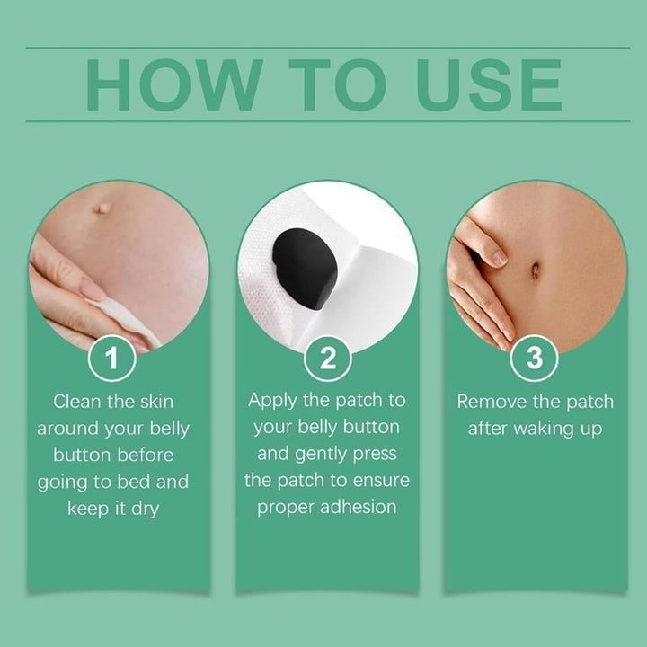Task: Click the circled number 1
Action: [x=111, y=359]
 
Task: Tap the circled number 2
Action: [x=327, y=359]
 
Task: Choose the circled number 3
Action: [x=535, y=359]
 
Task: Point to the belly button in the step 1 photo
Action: [x=102, y=208]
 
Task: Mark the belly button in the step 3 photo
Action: [x=536, y=269]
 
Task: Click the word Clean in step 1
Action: [x=78, y=401]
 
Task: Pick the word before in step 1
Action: [x=144, y=455]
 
